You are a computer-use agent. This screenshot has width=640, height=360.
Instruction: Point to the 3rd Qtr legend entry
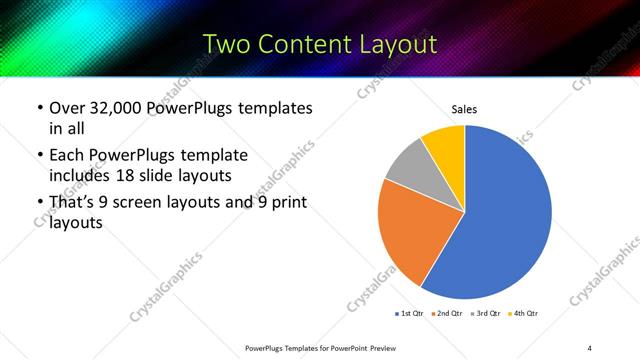coord(486,314)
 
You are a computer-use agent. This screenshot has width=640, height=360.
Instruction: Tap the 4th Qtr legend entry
coord(523,314)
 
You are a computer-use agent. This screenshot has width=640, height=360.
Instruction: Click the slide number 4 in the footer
coord(590,347)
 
